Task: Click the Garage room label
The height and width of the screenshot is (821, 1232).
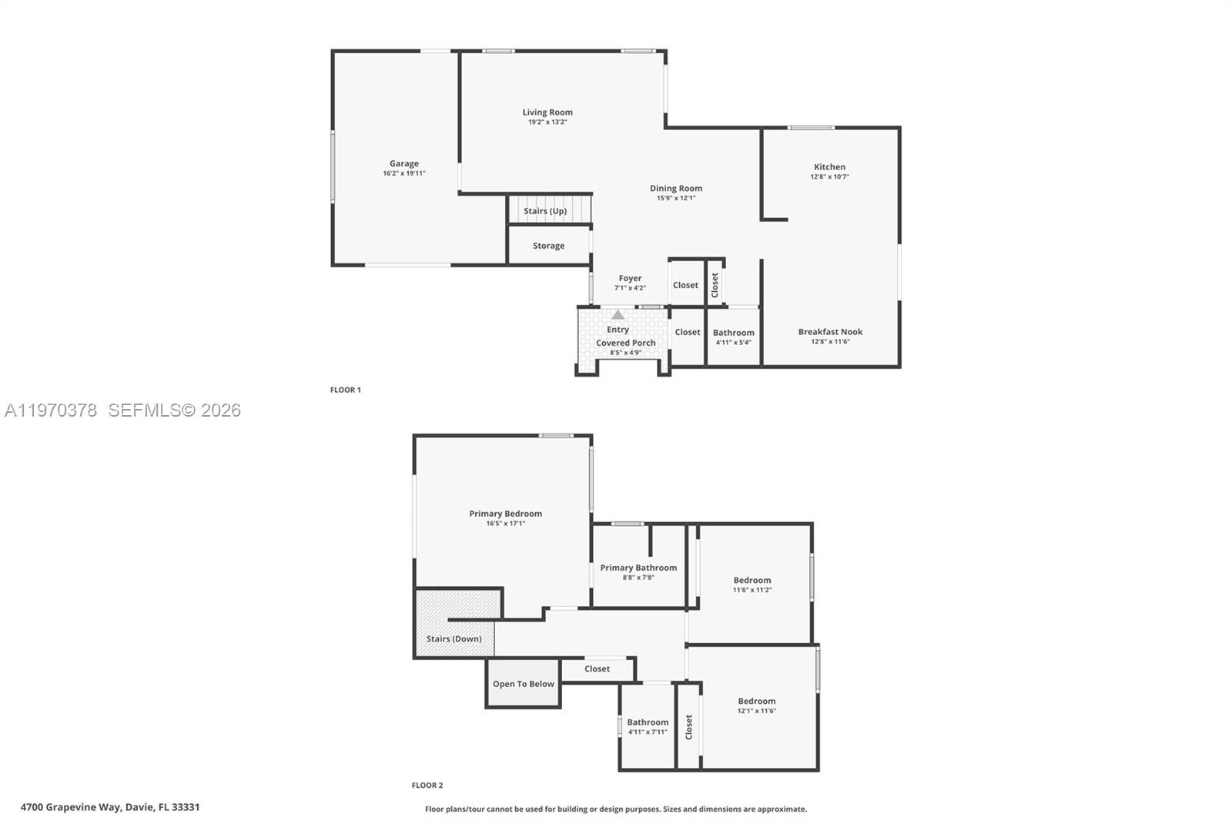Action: (x=403, y=163)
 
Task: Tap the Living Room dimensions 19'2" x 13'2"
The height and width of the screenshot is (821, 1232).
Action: (x=547, y=122)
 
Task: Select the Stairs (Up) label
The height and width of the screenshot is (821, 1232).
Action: (x=545, y=211)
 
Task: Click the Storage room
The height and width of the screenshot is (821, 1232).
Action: (x=548, y=246)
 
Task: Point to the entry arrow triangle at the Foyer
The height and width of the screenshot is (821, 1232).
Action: (x=618, y=315)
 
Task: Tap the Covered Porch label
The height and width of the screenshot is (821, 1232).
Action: (x=625, y=343)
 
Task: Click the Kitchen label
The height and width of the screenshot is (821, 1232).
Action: (x=829, y=166)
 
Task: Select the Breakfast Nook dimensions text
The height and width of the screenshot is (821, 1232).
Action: (x=829, y=342)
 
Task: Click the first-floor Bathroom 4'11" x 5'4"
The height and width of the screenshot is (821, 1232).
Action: (x=733, y=337)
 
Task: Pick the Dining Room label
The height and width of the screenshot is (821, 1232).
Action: (x=675, y=188)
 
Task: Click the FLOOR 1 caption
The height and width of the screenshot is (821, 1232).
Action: (x=345, y=390)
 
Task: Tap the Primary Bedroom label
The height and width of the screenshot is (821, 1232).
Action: (x=505, y=514)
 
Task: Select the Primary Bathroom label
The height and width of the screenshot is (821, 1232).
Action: (x=638, y=568)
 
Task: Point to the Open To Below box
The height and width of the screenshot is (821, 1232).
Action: (x=523, y=684)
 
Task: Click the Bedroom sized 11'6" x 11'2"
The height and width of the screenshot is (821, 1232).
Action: (x=752, y=584)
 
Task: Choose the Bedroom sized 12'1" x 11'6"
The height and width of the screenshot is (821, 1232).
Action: (x=756, y=705)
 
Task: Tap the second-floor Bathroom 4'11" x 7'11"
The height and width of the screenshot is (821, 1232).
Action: (x=648, y=726)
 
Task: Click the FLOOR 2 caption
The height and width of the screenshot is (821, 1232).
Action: (x=427, y=786)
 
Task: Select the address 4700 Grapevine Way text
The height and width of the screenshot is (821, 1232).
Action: (x=110, y=807)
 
